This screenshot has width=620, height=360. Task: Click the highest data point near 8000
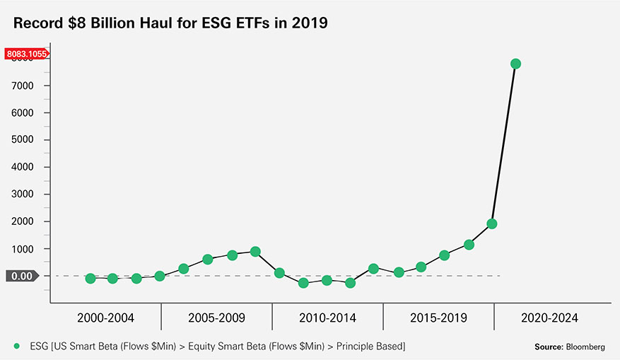[x=515, y=64]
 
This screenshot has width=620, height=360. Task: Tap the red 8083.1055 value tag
[x=26, y=53]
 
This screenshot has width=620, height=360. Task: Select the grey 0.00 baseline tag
[x=23, y=276]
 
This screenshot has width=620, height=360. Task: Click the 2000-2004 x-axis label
[x=105, y=318]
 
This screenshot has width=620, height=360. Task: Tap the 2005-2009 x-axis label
[x=216, y=318]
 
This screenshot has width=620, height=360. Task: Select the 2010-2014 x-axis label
[x=327, y=318]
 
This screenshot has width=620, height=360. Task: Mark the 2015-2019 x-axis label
[x=438, y=318]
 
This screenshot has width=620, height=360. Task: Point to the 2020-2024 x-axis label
[x=549, y=318]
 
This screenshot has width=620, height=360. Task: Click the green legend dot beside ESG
[x=16, y=346]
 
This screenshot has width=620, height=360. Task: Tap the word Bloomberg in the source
[x=584, y=347]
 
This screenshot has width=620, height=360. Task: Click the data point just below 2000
[x=492, y=223]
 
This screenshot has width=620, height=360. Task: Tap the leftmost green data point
[x=90, y=279]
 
